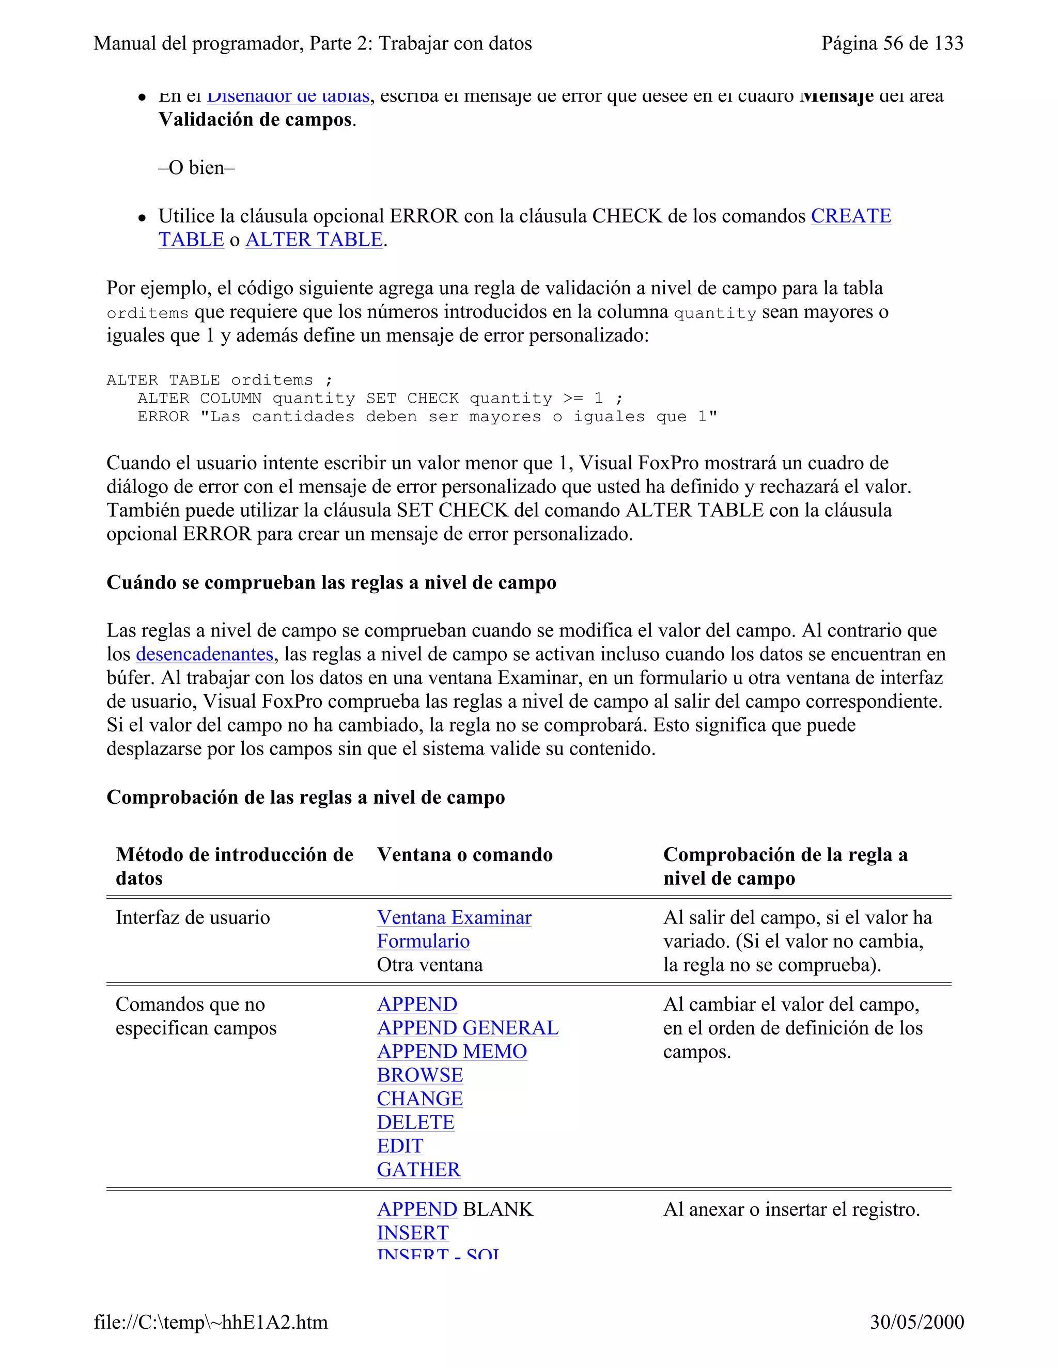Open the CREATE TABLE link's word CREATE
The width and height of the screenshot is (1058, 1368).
[850, 216]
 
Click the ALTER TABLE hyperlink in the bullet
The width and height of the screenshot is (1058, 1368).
[314, 240]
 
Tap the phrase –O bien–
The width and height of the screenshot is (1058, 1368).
[196, 168]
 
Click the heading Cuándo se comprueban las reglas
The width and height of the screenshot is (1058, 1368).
[331, 582]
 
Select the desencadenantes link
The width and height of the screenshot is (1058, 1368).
[205, 654]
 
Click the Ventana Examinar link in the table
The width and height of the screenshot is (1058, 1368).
[454, 918]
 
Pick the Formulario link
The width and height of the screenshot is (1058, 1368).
[423, 942]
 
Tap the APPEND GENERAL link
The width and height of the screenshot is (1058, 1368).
[468, 1028]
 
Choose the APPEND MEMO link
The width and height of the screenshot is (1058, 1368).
[452, 1052]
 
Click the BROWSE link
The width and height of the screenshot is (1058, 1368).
[420, 1075]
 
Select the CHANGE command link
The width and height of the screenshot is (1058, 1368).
[420, 1099]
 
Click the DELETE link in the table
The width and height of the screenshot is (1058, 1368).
[415, 1122]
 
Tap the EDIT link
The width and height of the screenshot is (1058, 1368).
[400, 1146]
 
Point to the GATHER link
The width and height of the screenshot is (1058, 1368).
[418, 1169]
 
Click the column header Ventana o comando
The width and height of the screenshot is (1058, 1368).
[464, 855]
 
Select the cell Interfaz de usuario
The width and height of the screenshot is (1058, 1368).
[192, 918]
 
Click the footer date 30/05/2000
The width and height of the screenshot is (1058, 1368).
[916, 1322]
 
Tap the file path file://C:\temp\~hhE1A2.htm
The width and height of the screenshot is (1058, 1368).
[211, 1322]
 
